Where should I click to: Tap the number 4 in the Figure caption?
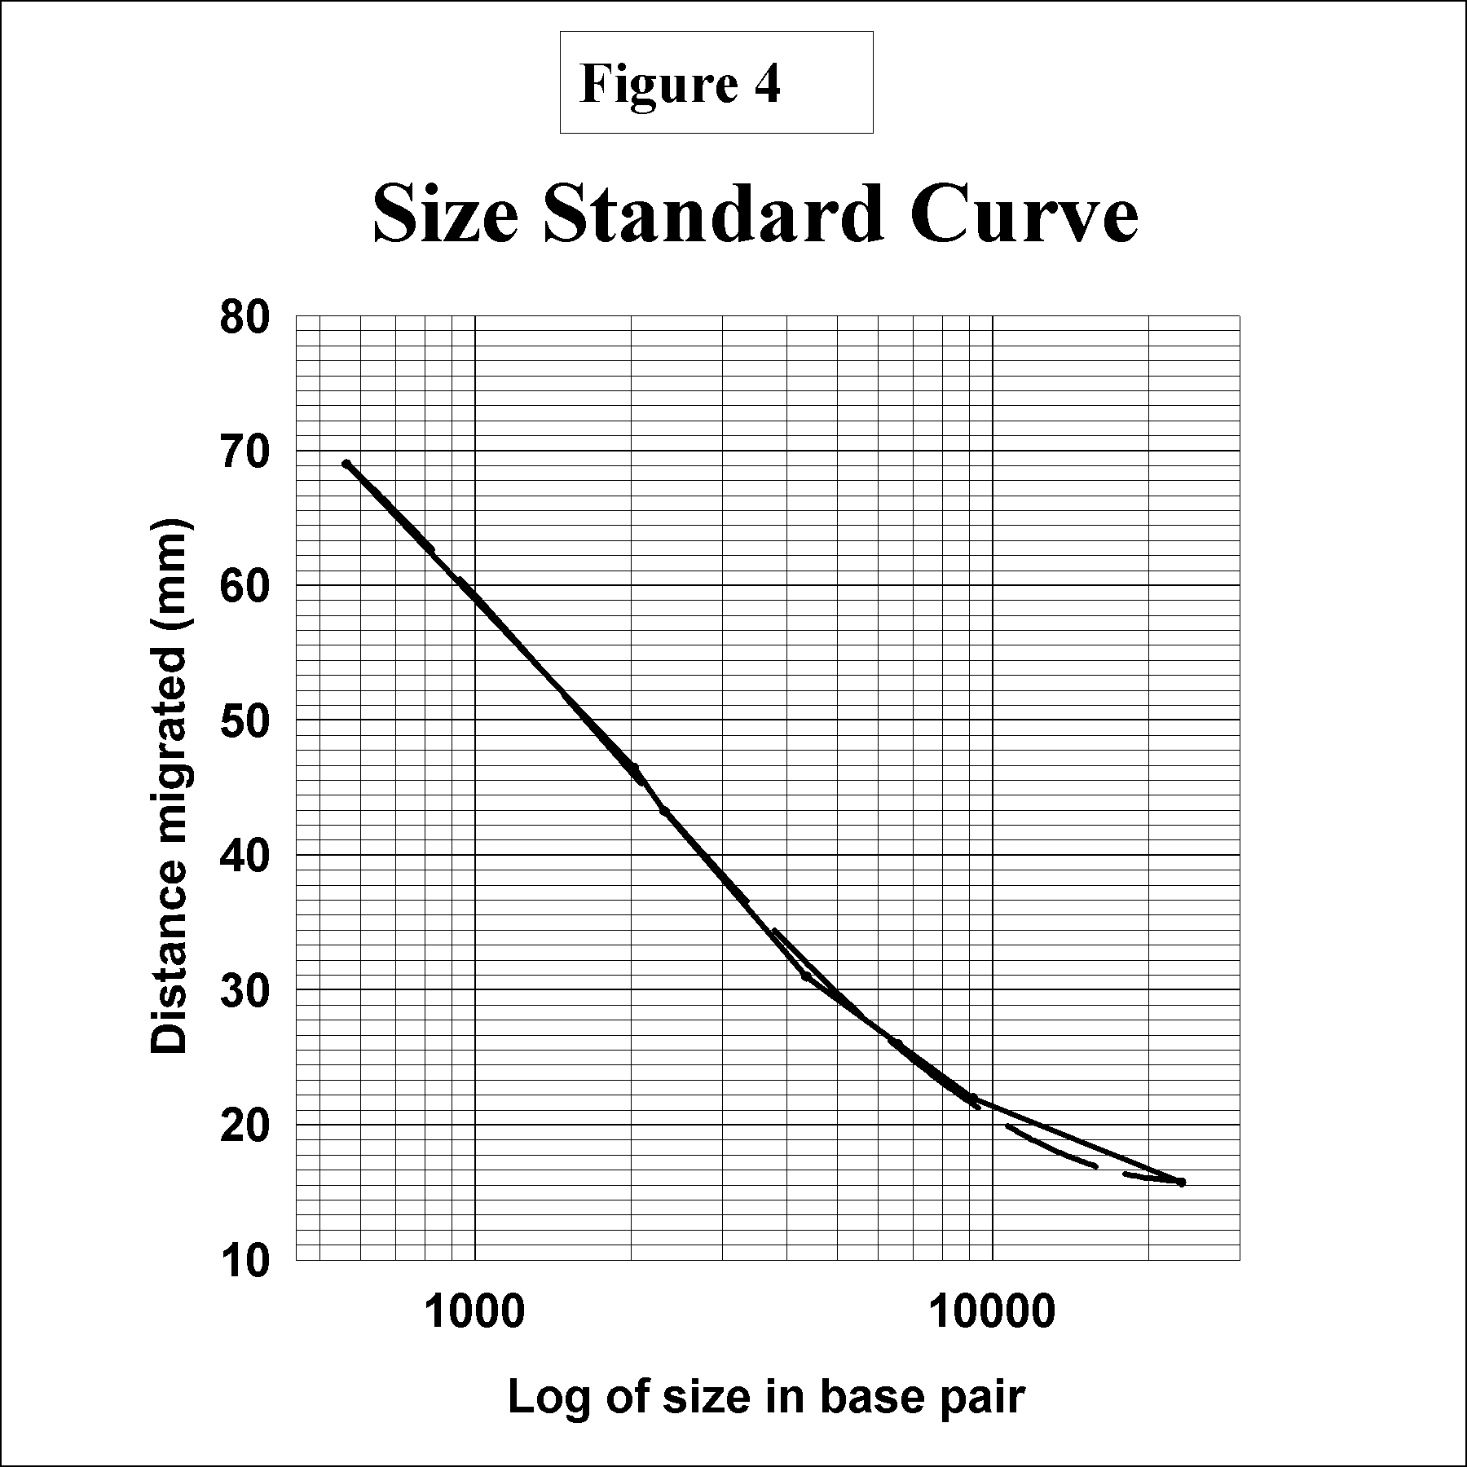tap(767, 83)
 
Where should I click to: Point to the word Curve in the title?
tap(1024, 214)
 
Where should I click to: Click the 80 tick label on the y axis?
tap(244, 318)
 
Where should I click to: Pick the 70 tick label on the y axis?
tap(244, 452)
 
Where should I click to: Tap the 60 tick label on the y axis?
tap(244, 587)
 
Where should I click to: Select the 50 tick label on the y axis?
tap(244, 721)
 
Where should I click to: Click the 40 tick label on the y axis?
tap(244, 857)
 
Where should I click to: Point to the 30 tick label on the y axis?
tap(244, 991)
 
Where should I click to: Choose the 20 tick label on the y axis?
tap(244, 1126)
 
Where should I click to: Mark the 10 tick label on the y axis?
tap(244, 1261)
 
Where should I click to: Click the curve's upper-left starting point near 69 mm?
tap(346, 464)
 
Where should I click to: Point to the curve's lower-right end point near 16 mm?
tap(1181, 1182)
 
